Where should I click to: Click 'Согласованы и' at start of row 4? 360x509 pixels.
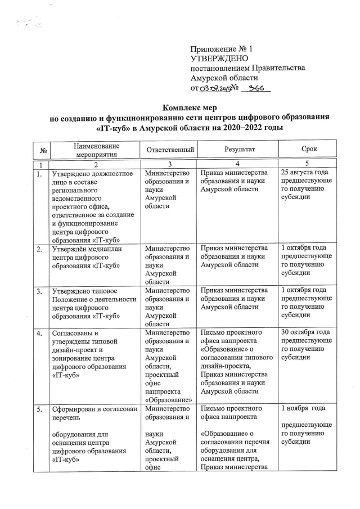coord(74,334)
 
